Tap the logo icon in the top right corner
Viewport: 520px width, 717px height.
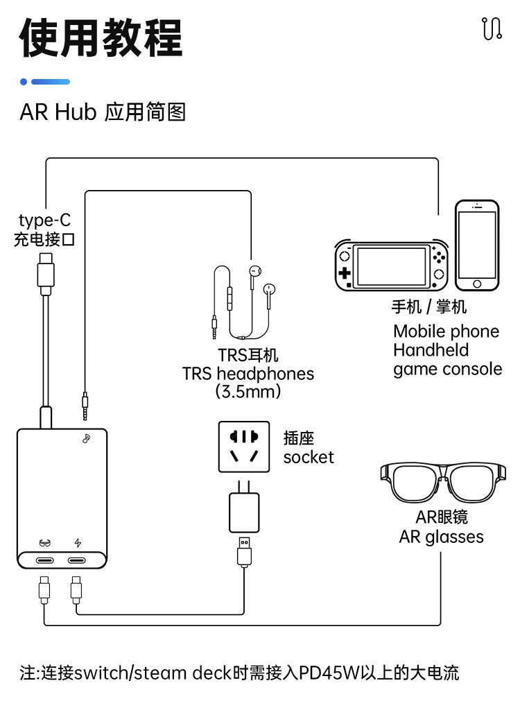[491, 28]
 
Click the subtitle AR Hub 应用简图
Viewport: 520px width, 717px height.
[103, 112]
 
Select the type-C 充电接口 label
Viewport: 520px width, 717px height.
[44, 230]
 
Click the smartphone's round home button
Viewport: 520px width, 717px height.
[476, 284]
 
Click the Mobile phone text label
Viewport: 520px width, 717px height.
[446, 331]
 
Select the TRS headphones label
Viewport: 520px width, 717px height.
[248, 374]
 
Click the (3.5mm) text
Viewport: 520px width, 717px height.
[248, 392]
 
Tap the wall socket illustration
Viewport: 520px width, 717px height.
[243, 447]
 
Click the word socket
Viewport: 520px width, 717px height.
[309, 458]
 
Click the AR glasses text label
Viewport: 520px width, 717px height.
[441, 537]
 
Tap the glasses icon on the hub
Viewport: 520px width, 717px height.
[45, 544]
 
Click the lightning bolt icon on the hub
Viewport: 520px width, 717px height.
[78, 544]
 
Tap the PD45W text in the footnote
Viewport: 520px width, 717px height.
[326, 673]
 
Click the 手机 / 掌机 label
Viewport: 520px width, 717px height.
[428, 306]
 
